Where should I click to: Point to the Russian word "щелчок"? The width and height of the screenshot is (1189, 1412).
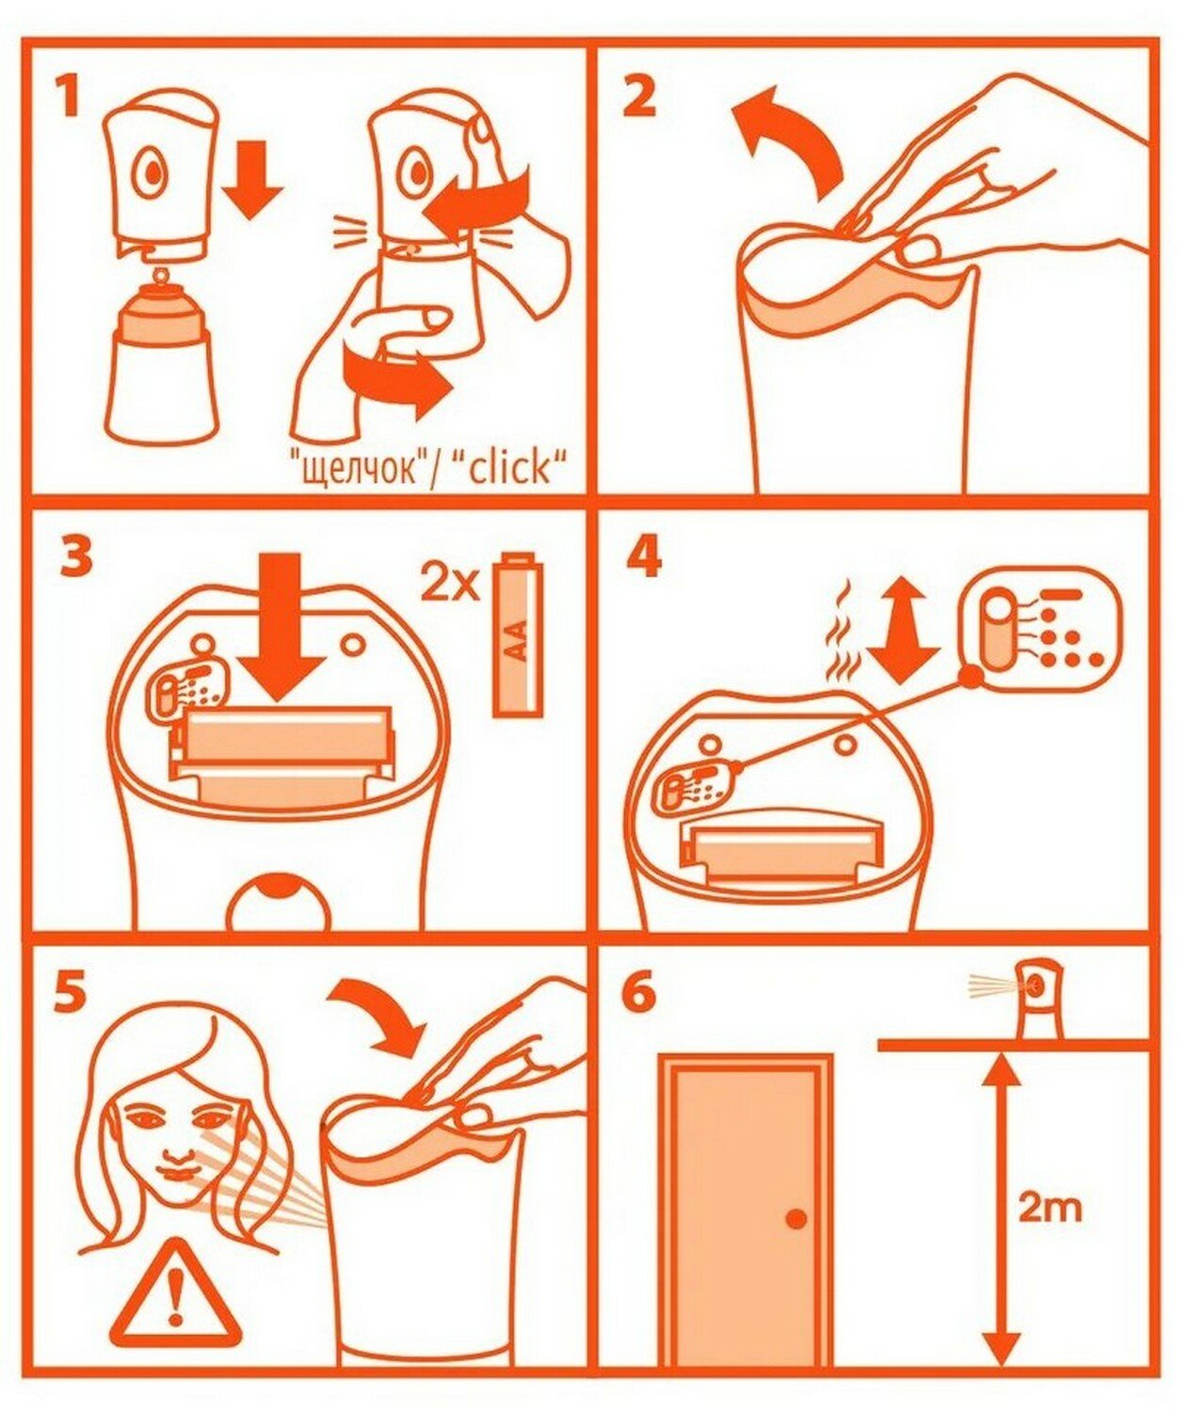point(364,469)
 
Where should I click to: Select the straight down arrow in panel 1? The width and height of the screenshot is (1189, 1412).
point(253,179)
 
